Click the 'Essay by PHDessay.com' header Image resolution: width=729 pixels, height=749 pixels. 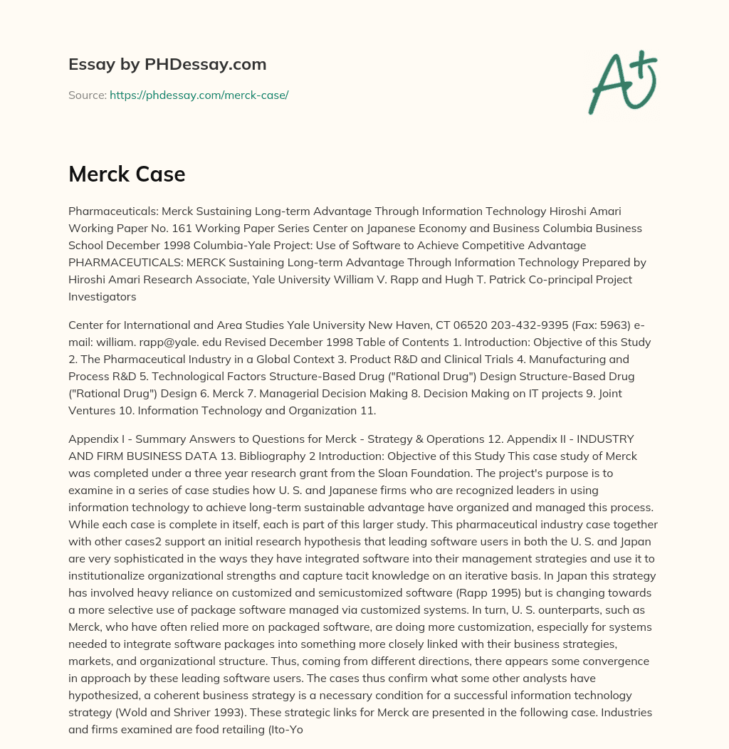click(x=167, y=64)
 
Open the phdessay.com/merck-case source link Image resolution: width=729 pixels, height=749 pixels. click(x=199, y=95)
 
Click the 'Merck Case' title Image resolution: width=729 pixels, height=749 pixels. click(x=127, y=174)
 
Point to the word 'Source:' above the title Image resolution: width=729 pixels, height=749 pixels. click(x=87, y=95)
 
